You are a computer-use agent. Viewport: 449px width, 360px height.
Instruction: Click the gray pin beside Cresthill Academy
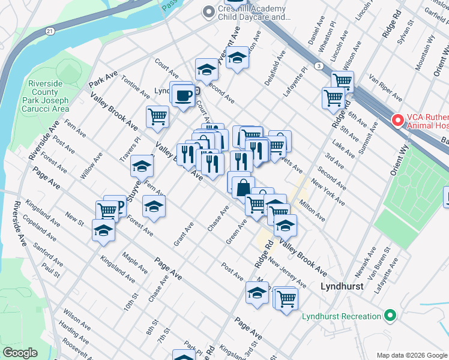pyautogui.click(x=209, y=11)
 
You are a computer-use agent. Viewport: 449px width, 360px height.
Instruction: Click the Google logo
pyautogui.click(x=20, y=353)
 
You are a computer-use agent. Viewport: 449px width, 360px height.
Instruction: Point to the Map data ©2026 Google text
pyautogui.click(x=411, y=355)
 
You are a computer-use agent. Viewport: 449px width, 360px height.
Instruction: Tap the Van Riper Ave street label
pyautogui.click(x=385, y=88)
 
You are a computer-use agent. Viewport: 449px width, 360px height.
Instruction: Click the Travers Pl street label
pyautogui.click(x=133, y=148)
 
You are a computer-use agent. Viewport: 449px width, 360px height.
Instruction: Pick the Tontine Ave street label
pyautogui.click(x=135, y=87)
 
